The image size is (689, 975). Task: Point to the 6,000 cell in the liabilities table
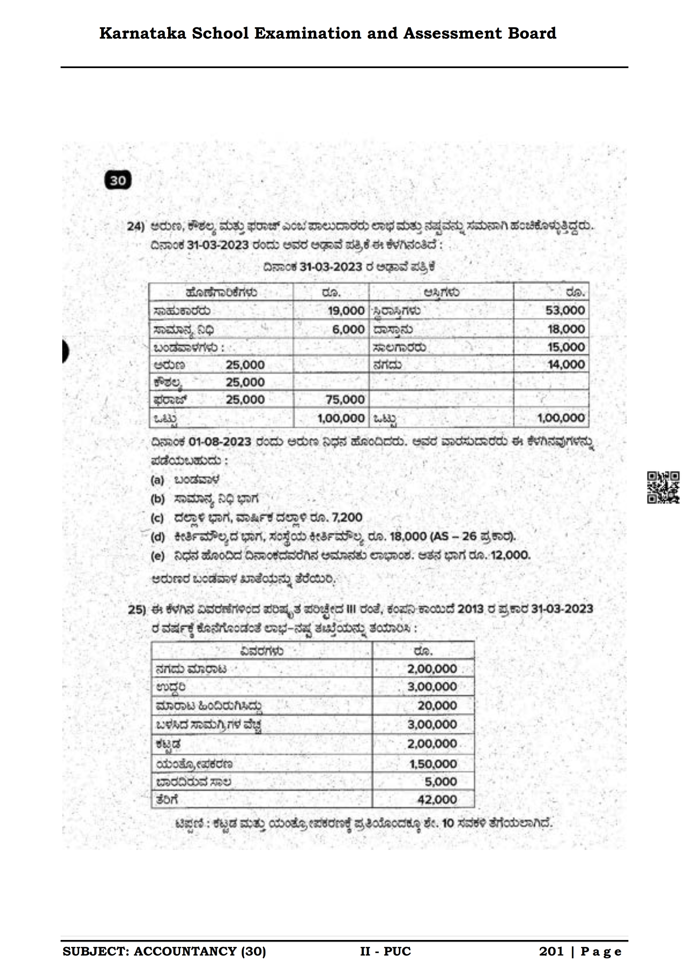point(348,329)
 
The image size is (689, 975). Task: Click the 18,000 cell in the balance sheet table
point(566,329)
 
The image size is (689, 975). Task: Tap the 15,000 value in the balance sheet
point(566,347)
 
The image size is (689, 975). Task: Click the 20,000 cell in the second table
point(437,705)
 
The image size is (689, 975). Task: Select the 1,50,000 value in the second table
point(432,763)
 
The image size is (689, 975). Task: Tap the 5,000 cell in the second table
point(441,781)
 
